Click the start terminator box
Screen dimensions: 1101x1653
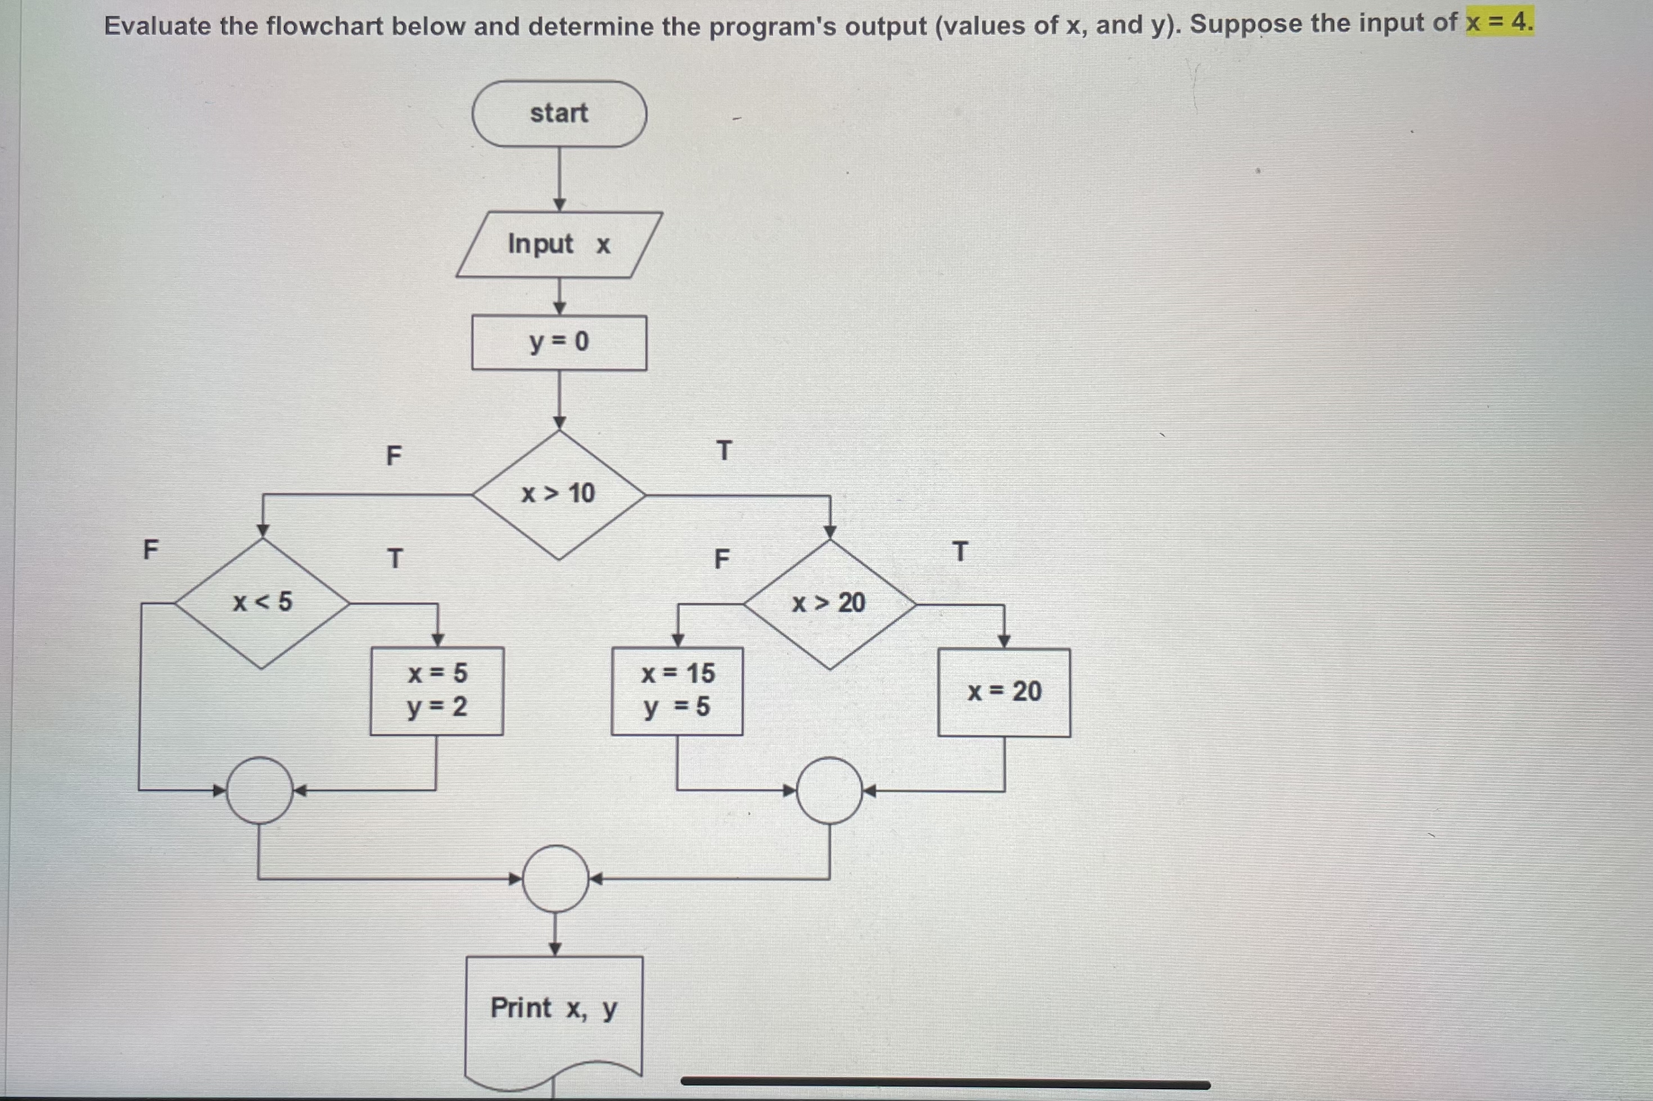click(x=559, y=114)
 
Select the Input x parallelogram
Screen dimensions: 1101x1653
click(x=559, y=244)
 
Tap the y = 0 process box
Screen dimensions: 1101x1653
click(x=559, y=343)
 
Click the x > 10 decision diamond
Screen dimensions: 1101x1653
click(x=559, y=495)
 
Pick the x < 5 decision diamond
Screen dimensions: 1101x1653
click(x=262, y=602)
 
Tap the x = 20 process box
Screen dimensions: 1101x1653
click(x=1004, y=692)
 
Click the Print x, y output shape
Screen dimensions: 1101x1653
click(x=554, y=1011)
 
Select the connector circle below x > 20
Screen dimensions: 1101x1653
click(x=830, y=791)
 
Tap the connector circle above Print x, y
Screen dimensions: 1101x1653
click(x=555, y=878)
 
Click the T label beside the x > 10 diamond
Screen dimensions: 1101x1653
click(x=724, y=451)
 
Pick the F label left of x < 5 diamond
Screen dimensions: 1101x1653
click(x=150, y=549)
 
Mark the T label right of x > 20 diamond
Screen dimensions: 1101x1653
click(x=960, y=552)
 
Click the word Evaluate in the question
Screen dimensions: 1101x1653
click(x=157, y=26)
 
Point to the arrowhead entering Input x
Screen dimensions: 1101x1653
click(x=559, y=205)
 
